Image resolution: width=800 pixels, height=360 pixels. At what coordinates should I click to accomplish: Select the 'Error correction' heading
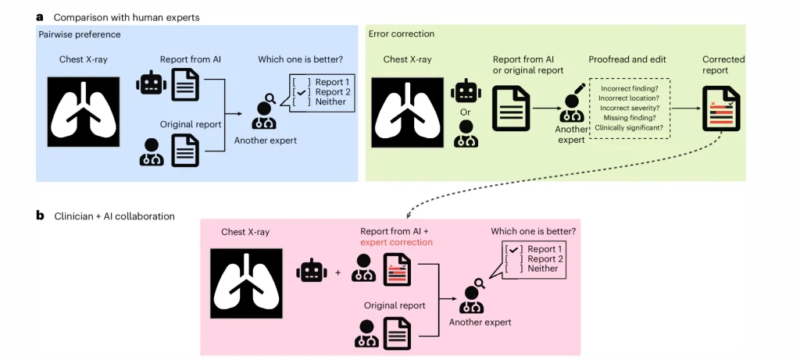pyautogui.click(x=402, y=34)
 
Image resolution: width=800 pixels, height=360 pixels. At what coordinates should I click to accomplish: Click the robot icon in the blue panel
pyautogui.click(x=151, y=85)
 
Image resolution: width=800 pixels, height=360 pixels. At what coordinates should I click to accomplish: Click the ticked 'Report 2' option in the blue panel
pyautogui.click(x=327, y=92)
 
